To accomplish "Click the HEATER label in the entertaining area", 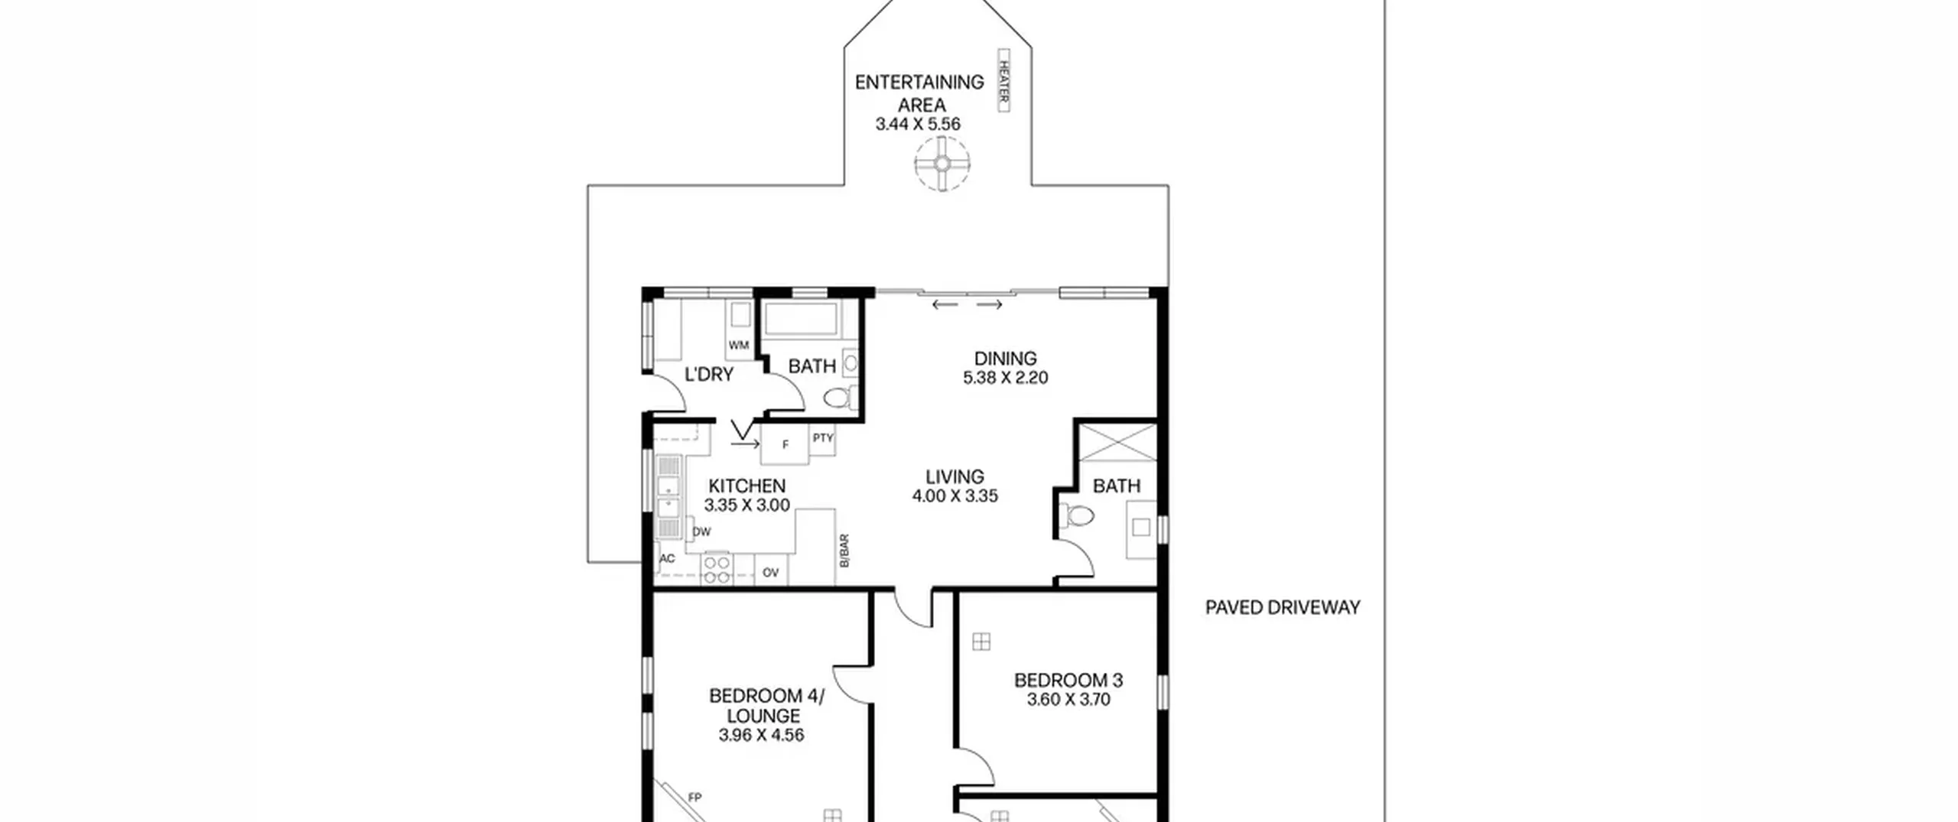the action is click(1003, 80).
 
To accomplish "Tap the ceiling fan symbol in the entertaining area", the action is click(942, 164).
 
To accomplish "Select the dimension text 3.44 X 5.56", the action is click(918, 124).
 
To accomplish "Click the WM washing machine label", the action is click(738, 345).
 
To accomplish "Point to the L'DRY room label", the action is click(709, 374).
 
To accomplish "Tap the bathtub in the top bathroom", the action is click(801, 319).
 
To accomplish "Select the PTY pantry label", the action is click(823, 438).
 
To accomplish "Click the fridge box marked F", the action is click(785, 444).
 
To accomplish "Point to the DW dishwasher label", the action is click(701, 531).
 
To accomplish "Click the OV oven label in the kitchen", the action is click(770, 572).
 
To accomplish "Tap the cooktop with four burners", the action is click(717, 569).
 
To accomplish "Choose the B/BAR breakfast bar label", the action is click(844, 551).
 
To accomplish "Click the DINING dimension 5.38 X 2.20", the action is click(1005, 378).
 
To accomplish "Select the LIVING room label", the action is click(955, 476).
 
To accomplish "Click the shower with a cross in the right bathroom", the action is click(1117, 442).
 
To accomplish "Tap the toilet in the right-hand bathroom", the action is click(1078, 516).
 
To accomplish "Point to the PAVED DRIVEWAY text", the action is click(1283, 607).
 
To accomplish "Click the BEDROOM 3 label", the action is click(1068, 680).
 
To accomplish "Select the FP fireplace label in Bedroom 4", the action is click(694, 798).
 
